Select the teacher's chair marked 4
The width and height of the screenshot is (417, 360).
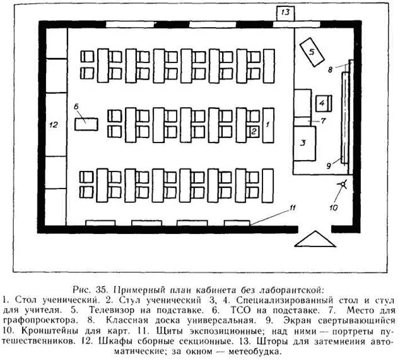point(322,102)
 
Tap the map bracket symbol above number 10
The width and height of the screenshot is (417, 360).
point(343,187)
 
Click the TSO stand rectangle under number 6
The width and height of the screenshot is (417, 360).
point(85,123)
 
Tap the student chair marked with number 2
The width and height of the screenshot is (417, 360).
point(253,131)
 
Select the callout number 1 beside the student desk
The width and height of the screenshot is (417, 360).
point(268,125)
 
